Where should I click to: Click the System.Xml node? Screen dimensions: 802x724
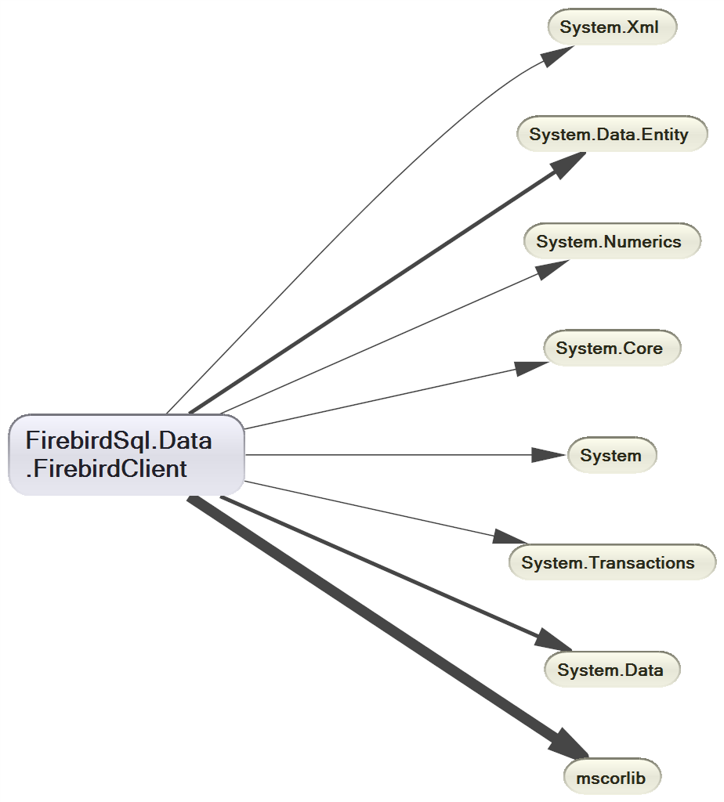pyautogui.click(x=611, y=27)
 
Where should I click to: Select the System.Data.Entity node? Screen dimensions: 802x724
pyautogui.click(x=612, y=135)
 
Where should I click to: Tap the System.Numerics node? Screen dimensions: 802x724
pyautogui.click(x=612, y=241)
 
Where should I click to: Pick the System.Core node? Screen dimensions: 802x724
pyautogui.click(x=612, y=349)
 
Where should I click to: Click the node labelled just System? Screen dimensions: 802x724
pyautogui.click(x=612, y=455)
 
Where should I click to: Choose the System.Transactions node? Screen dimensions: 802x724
pyautogui.click(x=612, y=562)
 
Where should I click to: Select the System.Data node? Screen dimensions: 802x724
pyautogui.click(x=612, y=670)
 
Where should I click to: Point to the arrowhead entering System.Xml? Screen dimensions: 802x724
pyautogui.click(x=559, y=55)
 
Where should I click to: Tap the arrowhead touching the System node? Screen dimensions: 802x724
pyautogui.click(x=548, y=455)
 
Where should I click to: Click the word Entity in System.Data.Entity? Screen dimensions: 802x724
pyautogui.click(x=663, y=135)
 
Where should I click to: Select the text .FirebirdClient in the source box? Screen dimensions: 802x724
pyautogui.click(x=107, y=469)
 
